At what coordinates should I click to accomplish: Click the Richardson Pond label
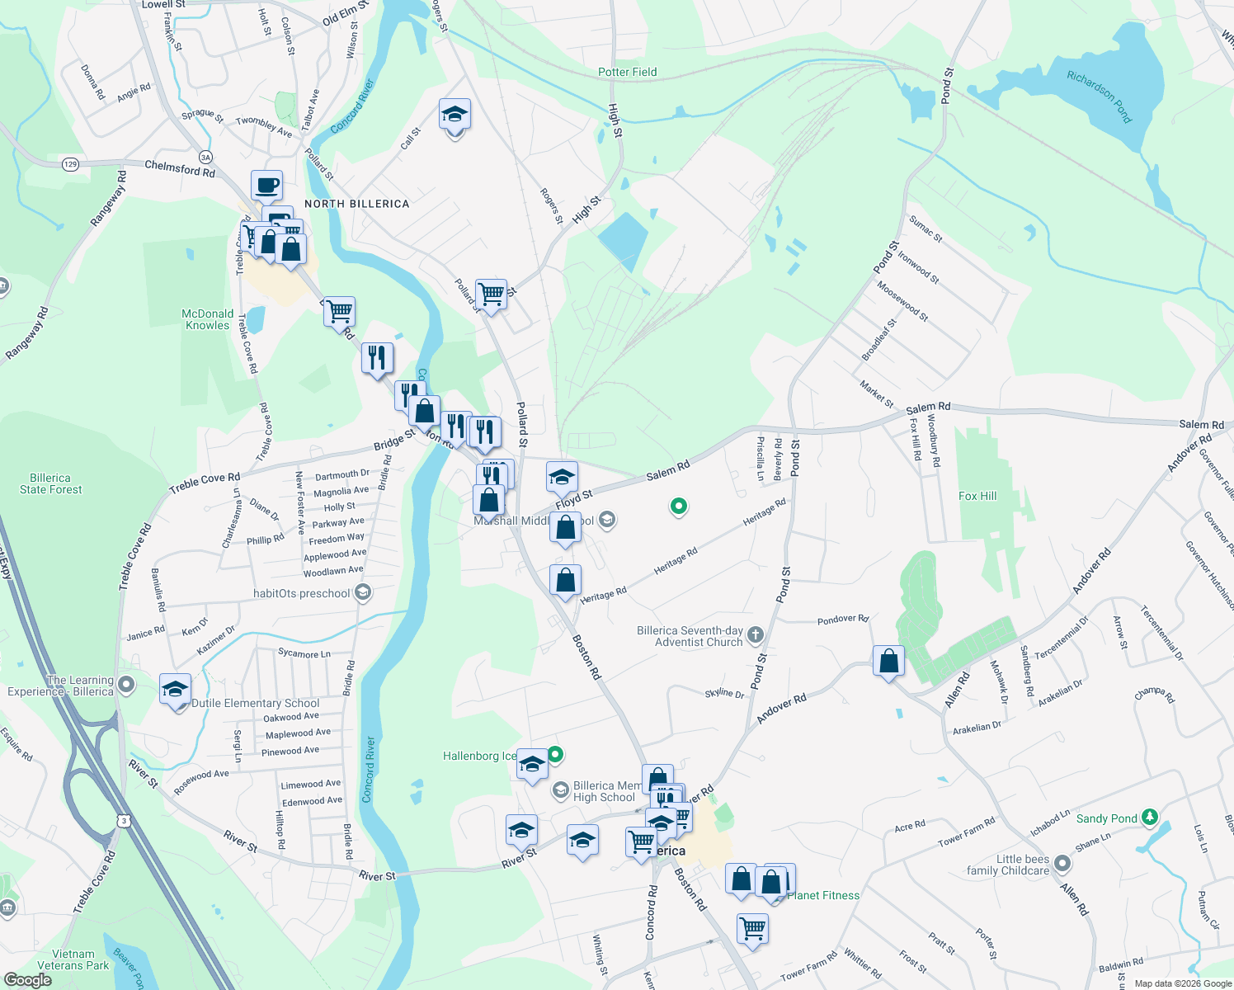[1099, 97]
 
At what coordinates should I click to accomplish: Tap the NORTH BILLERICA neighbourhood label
[356, 204]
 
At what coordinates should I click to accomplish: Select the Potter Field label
[627, 73]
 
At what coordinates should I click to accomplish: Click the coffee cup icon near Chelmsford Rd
[266, 186]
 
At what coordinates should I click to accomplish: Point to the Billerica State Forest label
[50, 483]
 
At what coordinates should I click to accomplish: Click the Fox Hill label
[977, 496]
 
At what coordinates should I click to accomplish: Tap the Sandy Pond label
[1106, 818]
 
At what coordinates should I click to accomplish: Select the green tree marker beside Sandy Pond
[1150, 818]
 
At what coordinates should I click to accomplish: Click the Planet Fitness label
[823, 895]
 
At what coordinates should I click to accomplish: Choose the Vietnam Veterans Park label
[73, 959]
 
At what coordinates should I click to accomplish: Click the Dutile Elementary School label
[255, 703]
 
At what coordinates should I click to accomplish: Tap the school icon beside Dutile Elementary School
[176, 690]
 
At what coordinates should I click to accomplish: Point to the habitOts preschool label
[301, 593]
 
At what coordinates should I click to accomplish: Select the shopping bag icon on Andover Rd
[888, 661]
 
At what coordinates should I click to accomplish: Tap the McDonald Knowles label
[207, 319]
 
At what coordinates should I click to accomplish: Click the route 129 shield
[70, 164]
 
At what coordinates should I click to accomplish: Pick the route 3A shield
[205, 157]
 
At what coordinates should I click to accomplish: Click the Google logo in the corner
[27, 980]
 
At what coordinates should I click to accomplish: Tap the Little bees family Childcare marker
[1062, 864]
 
